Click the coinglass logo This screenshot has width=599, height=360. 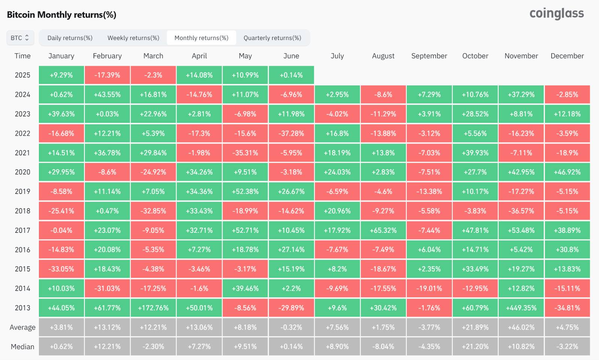(x=556, y=14)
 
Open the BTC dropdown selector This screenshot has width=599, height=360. (x=20, y=38)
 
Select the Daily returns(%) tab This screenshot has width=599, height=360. (x=70, y=38)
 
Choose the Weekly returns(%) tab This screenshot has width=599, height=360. (x=133, y=38)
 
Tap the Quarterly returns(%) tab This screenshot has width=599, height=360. (x=272, y=38)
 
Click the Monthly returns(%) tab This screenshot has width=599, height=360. (x=201, y=38)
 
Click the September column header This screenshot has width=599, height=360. (x=429, y=56)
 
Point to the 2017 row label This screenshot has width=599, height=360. (x=22, y=230)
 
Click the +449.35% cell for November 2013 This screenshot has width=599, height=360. (x=521, y=308)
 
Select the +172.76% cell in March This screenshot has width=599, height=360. (x=153, y=308)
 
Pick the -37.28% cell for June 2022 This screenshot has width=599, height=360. (x=291, y=133)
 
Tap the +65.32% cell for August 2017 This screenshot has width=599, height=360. (x=383, y=230)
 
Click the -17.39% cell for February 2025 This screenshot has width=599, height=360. (x=107, y=75)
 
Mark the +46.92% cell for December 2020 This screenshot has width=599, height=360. (x=567, y=172)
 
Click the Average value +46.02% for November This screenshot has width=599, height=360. (x=521, y=327)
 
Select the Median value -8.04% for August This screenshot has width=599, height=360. (x=383, y=347)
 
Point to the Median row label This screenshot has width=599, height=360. (x=22, y=347)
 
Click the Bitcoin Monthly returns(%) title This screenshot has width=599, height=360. (x=62, y=15)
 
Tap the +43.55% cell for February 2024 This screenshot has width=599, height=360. (x=107, y=94)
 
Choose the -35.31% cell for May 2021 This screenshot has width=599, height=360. (x=245, y=153)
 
